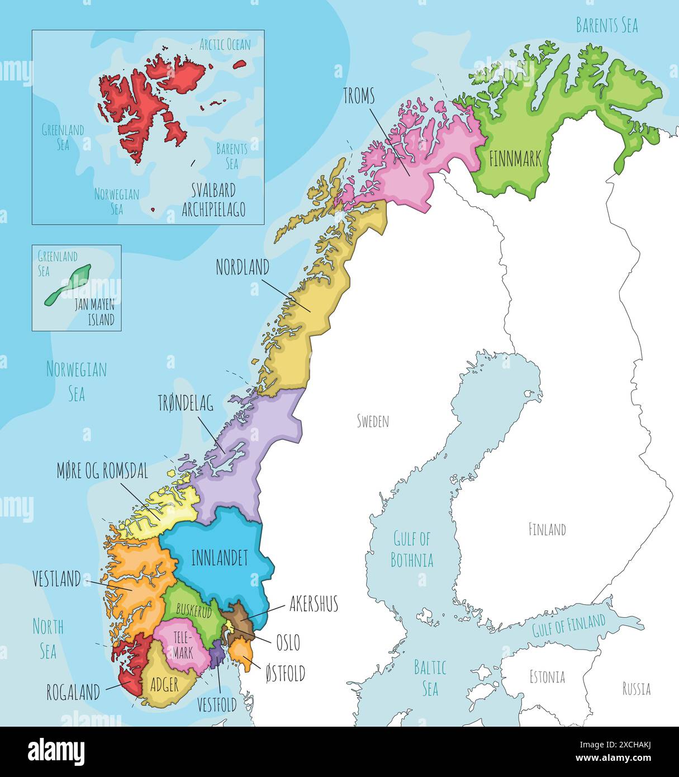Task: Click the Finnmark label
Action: (515, 159)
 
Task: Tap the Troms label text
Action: (359, 97)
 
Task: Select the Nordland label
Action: (243, 267)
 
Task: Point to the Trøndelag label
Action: (186, 404)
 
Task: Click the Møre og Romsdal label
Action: (102, 471)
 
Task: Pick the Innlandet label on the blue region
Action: (219, 558)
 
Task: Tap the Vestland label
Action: (56, 579)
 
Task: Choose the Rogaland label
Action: (73, 693)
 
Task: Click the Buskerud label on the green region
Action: (194, 610)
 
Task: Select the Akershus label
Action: (314, 604)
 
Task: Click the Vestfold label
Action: (217, 705)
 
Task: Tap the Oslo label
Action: (288, 642)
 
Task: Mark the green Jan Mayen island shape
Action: (68, 285)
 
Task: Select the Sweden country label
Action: (373, 421)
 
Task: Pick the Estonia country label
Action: (547, 677)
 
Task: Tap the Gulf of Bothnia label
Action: (412, 549)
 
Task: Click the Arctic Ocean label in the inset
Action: (225, 45)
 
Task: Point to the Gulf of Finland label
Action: (568, 624)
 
